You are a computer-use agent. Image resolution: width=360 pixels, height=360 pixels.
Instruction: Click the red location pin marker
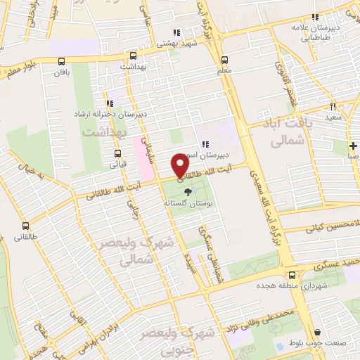coord(180,165)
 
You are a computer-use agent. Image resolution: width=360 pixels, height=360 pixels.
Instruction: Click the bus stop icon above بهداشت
coord(132,54)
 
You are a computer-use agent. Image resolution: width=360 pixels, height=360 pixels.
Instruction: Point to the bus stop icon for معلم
coord(224,60)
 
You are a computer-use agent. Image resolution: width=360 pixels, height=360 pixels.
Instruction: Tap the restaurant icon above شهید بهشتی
coord(176,32)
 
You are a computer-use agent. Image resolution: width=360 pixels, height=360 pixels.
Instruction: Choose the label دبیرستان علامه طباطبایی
coord(317,34)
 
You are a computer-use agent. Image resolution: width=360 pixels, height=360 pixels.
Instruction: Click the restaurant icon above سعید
coord(333,106)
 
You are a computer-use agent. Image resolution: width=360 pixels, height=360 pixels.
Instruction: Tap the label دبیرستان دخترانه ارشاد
coord(110,113)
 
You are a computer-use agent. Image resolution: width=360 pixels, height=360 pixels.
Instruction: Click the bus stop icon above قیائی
coord(117,153)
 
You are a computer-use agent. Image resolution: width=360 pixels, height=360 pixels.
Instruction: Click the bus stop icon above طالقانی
coord(26,226)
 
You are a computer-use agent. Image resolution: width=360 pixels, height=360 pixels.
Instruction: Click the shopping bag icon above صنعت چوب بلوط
coord(318,333)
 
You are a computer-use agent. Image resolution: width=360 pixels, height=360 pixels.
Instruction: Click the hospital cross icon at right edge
coord(352,146)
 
